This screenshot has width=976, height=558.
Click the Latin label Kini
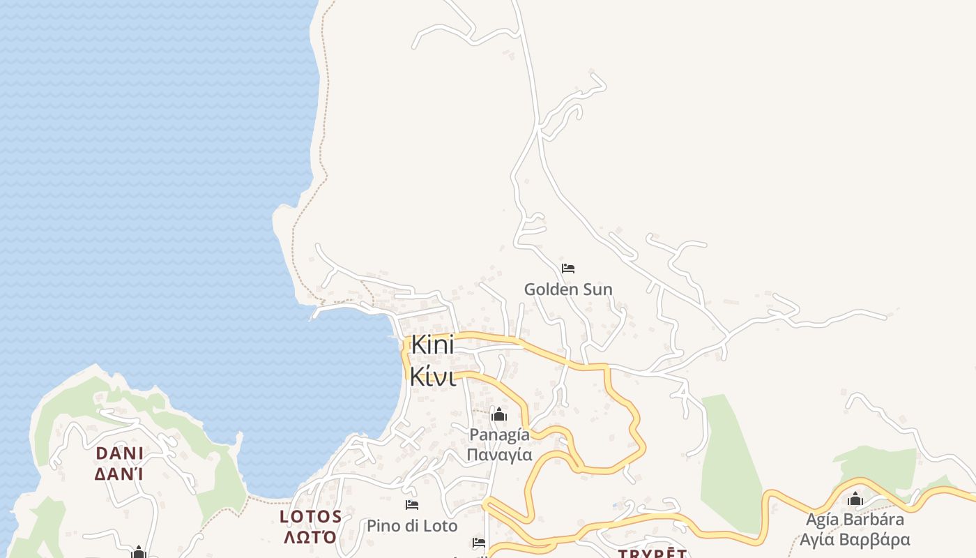(432, 345)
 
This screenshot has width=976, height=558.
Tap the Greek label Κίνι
(432, 376)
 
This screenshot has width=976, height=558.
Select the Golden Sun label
(568, 289)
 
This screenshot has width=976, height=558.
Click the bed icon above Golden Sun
(568, 269)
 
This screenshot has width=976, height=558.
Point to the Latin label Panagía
(499, 435)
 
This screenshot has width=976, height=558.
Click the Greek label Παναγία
(499, 455)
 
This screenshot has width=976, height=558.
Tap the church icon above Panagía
(499, 415)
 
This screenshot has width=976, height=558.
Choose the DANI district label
(120, 453)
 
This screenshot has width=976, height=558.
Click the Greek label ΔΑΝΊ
(119, 474)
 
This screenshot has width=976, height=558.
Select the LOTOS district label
(311, 517)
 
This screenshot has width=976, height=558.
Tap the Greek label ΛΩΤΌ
(310, 537)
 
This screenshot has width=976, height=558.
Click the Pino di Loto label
(412, 525)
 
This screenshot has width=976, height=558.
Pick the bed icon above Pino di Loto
(412, 505)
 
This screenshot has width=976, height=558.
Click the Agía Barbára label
(855, 520)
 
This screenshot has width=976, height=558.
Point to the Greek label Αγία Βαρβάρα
(855, 540)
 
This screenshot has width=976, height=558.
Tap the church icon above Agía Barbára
(855, 499)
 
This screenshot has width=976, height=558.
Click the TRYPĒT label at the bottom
(653, 554)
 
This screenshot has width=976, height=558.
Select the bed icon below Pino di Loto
(479, 542)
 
